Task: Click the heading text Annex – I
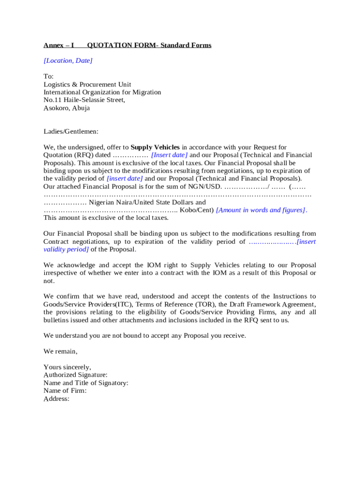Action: coord(59,45)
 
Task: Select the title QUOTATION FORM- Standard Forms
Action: coord(149,45)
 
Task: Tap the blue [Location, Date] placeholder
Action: coord(68,60)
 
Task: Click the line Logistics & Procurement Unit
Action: coord(87,85)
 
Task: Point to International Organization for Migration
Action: coord(102,93)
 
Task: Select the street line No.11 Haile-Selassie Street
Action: coord(84,100)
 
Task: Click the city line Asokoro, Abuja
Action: coord(67,108)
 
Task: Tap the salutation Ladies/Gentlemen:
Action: coord(71,132)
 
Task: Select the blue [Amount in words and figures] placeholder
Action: coord(261,210)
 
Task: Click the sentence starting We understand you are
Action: coord(144,336)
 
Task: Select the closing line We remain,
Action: coord(61,351)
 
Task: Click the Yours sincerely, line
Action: coord(67,367)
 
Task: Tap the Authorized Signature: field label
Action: coord(76,375)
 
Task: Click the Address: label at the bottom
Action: coord(57,399)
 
